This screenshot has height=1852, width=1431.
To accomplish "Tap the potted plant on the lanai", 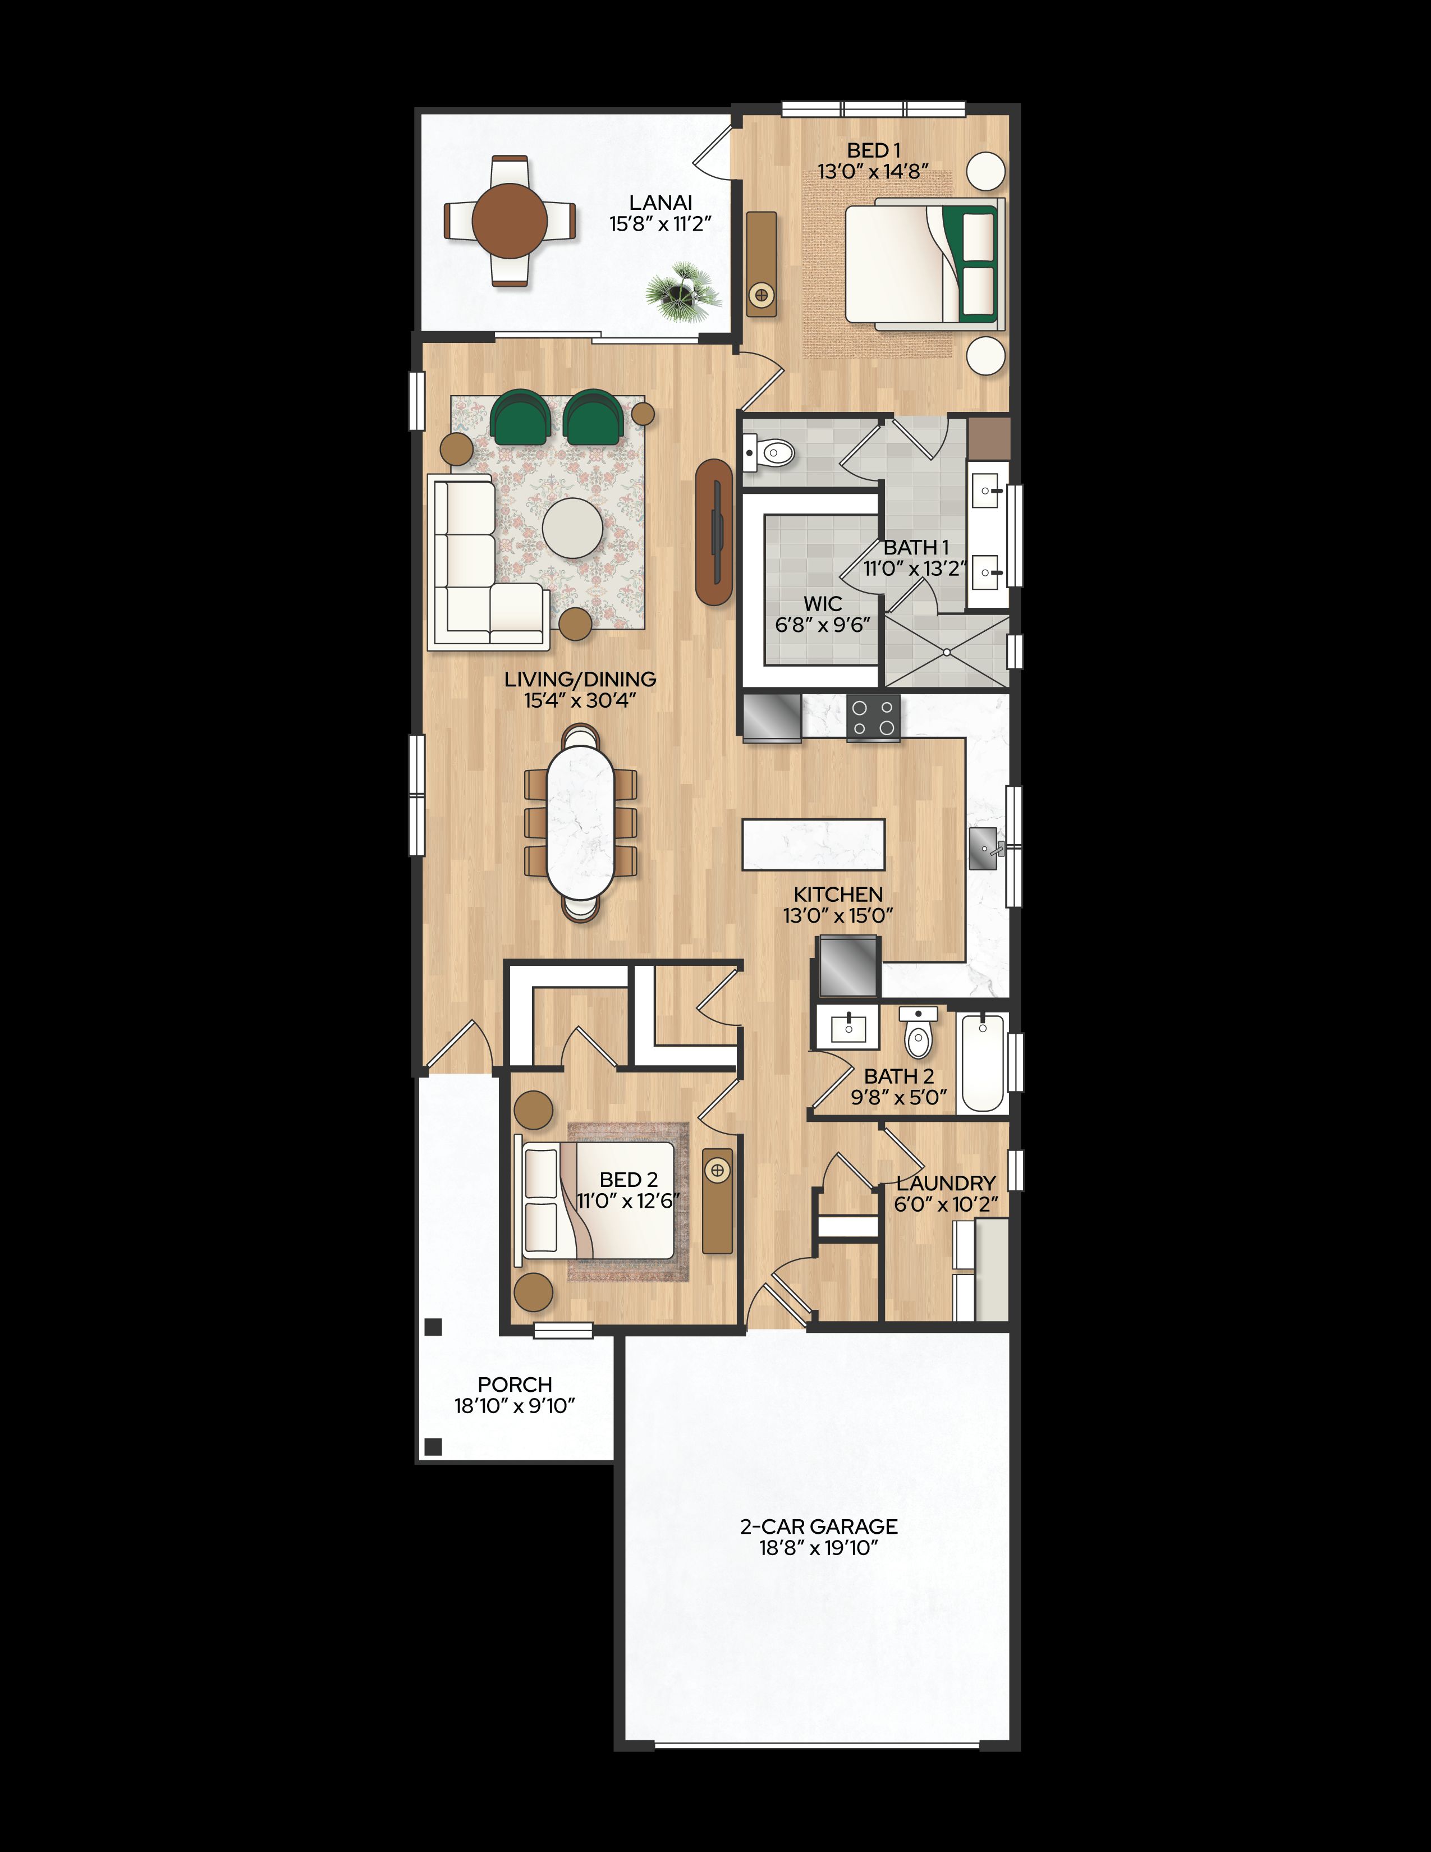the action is click(x=682, y=292).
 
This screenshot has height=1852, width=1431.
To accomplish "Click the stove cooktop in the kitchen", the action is click(x=873, y=717).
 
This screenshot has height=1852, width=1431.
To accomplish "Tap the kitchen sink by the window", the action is click(x=986, y=849).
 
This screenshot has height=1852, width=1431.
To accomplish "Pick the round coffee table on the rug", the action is click(x=573, y=528).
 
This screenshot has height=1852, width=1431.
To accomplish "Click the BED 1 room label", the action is click(x=873, y=151).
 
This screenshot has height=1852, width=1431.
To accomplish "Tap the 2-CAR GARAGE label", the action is click(x=818, y=1526).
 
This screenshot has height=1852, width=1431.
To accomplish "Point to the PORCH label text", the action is click(x=515, y=1384).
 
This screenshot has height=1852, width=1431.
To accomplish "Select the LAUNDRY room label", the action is click(x=946, y=1183).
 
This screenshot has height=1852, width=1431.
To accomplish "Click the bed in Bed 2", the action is click(x=599, y=1201).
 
